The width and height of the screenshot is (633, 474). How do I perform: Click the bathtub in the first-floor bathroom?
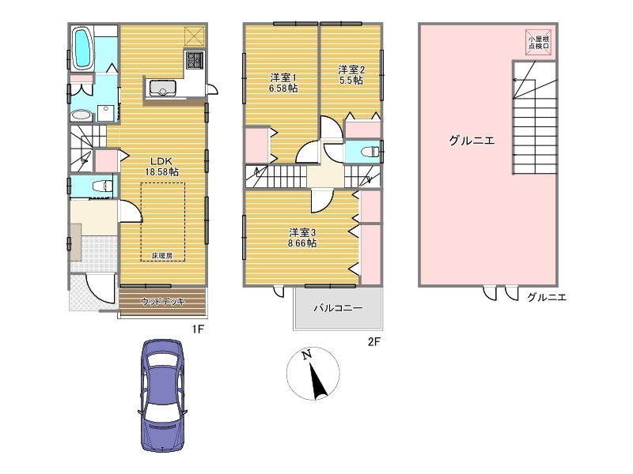(83, 47)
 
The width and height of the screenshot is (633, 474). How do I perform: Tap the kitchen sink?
(163, 88)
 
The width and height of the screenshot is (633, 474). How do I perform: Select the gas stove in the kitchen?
(195, 60)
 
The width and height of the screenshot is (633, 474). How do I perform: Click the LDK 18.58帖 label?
(162, 166)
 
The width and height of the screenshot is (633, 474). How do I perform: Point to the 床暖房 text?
(162, 255)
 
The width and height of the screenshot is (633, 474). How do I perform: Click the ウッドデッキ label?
(163, 302)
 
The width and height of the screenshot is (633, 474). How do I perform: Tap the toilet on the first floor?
(102, 186)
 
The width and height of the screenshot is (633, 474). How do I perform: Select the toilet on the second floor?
(370, 152)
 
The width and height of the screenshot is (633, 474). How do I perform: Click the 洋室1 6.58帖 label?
(283, 82)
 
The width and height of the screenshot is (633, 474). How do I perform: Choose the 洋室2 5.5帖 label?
(351, 75)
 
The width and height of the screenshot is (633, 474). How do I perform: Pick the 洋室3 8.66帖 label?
(302, 238)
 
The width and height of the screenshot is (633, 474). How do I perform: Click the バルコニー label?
(339, 308)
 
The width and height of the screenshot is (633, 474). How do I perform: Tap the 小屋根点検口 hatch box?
(539, 43)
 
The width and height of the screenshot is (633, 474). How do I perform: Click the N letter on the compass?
(307, 355)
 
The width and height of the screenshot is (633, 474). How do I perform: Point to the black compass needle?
(318, 380)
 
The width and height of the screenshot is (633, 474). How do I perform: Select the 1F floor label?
(198, 329)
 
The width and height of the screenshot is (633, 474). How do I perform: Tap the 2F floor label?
(374, 342)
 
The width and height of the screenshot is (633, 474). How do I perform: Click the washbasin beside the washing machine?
(81, 115)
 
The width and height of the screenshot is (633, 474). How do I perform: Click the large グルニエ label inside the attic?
(472, 141)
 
